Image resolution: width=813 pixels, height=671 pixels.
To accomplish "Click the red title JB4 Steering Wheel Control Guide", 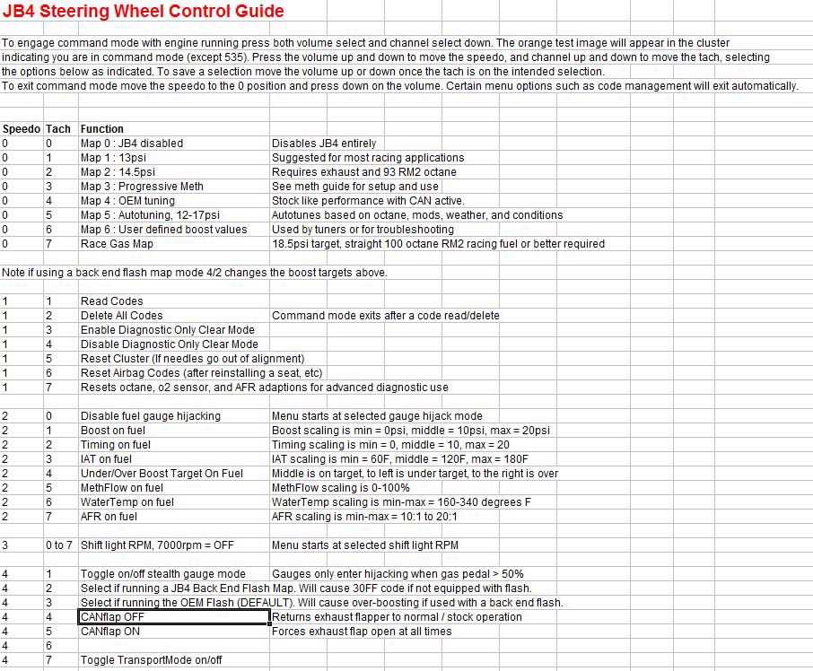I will [x=144, y=12].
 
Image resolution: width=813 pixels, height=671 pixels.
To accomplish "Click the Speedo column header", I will [x=21, y=129].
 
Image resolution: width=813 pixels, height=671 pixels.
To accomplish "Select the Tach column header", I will [x=58, y=129].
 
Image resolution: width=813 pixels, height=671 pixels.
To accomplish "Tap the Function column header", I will [x=102, y=129].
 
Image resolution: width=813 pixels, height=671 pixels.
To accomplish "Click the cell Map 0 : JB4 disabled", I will [x=132, y=144].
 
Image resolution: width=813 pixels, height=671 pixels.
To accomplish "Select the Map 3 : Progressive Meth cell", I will [x=142, y=187].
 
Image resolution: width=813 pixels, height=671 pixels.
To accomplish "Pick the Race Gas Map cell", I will [x=117, y=244].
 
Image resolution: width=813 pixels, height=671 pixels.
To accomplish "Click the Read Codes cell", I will [x=112, y=301].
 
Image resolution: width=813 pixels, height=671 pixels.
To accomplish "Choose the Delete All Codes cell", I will [x=122, y=316].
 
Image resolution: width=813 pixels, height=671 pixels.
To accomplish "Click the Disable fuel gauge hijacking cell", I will [x=151, y=416].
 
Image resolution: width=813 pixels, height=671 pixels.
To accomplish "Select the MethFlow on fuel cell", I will [x=122, y=488].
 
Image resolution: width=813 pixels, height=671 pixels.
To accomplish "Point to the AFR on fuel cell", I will [x=109, y=517].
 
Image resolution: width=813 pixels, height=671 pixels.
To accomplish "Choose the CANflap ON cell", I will [x=110, y=632].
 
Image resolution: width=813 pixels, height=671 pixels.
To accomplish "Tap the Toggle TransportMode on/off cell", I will [x=152, y=660].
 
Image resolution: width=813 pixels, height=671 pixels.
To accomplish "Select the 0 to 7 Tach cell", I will [x=59, y=545].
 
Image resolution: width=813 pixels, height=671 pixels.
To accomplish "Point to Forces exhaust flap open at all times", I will [x=362, y=632].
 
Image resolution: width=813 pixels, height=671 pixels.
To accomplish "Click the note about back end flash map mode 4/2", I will [x=195, y=273].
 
